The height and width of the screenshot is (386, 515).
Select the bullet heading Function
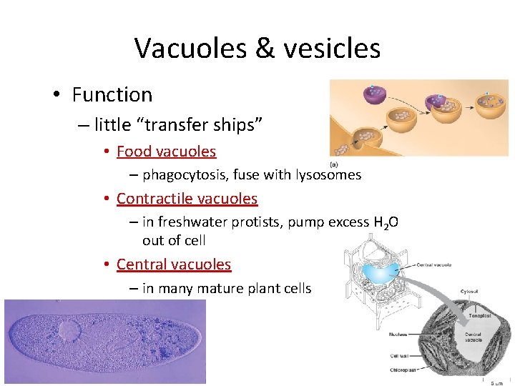click(112, 95)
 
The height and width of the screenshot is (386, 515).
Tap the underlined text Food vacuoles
click(166, 152)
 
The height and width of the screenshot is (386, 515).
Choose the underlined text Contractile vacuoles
click(187, 199)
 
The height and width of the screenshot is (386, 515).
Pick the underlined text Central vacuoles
click(174, 264)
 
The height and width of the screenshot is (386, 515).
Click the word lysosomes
click(328, 174)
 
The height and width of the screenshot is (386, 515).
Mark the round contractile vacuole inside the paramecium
click(69, 330)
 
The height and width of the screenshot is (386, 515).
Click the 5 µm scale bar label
click(496, 382)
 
